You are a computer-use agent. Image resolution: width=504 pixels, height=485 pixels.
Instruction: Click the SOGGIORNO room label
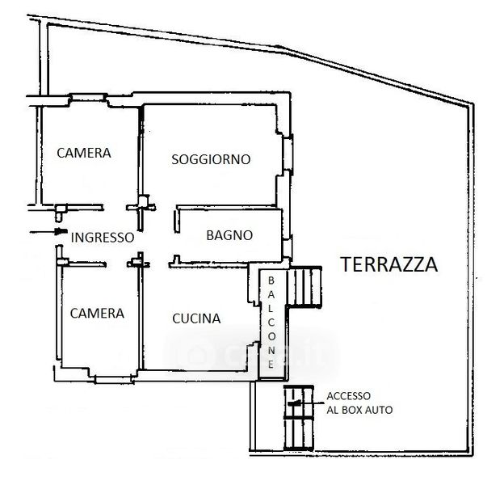click(x=211, y=159)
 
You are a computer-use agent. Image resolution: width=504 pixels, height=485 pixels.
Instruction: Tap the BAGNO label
click(x=229, y=235)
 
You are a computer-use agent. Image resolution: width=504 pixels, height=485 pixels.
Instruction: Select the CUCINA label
click(x=196, y=318)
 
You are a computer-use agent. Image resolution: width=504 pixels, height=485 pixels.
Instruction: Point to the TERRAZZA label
click(x=389, y=264)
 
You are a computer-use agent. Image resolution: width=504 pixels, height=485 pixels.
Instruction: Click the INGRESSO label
click(x=103, y=238)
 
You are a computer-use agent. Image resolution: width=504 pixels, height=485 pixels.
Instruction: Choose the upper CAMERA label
click(x=84, y=153)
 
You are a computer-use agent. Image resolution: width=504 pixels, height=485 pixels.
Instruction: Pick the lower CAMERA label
click(x=97, y=314)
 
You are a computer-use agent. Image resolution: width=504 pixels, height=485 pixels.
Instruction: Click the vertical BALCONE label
click(x=271, y=323)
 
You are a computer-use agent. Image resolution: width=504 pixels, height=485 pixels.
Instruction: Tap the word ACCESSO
click(x=348, y=396)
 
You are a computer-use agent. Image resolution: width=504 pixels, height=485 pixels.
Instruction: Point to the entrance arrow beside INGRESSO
click(x=48, y=231)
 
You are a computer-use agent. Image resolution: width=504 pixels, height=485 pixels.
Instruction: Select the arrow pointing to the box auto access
click(x=306, y=403)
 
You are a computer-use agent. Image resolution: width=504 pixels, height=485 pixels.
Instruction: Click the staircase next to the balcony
click(x=304, y=287)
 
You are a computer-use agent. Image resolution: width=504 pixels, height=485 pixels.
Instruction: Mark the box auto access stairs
click(x=299, y=417)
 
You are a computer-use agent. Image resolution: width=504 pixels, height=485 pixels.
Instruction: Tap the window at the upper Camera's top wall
click(x=89, y=97)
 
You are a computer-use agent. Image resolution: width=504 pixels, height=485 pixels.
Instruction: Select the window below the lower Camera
click(x=114, y=379)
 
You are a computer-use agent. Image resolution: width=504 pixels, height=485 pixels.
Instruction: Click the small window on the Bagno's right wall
click(x=288, y=248)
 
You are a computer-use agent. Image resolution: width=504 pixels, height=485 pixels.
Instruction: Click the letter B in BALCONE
click(x=271, y=280)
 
